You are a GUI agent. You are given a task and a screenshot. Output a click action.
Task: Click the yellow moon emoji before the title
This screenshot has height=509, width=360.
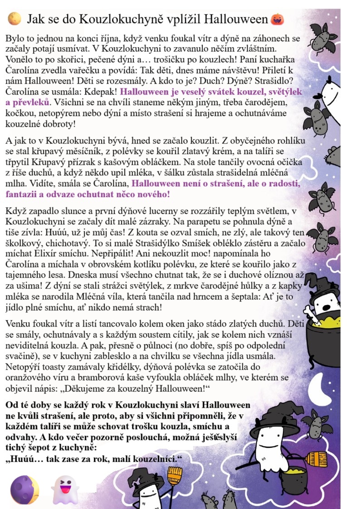14,19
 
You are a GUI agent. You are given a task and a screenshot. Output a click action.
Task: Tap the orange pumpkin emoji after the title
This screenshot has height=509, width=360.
277,19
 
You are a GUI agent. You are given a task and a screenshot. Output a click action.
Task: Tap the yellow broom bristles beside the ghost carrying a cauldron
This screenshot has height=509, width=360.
317,459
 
